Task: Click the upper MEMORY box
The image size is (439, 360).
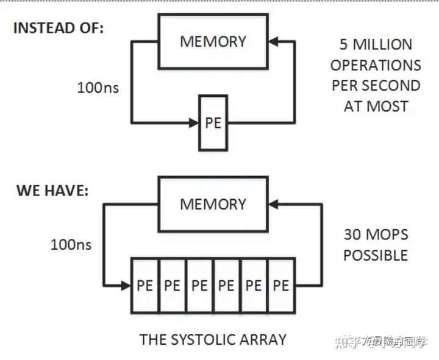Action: [x=213, y=41]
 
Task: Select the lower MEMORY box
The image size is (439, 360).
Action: [x=213, y=203]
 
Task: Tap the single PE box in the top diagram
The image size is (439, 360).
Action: [x=213, y=122]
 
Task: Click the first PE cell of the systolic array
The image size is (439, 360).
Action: [x=145, y=286]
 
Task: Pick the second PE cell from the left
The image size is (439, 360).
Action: [x=172, y=286]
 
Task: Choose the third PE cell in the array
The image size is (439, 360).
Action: [x=199, y=286]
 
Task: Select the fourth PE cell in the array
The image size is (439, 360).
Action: [x=226, y=286]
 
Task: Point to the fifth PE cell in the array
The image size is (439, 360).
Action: [x=254, y=286]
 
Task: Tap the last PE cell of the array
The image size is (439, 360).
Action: [x=280, y=286]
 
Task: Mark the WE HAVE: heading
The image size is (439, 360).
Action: [x=52, y=190]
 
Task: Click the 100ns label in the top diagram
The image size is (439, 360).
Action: [x=98, y=88]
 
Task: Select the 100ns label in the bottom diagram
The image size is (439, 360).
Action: [x=71, y=244]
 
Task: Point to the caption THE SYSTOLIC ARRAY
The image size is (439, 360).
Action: [x=213, y=339]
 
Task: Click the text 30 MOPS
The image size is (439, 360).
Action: [x=376, y=235]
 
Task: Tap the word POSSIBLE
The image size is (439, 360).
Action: [x=376, y=255]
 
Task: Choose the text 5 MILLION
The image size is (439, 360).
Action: [x=376, y=44]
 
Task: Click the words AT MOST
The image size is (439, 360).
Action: [x=376, y=106]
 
